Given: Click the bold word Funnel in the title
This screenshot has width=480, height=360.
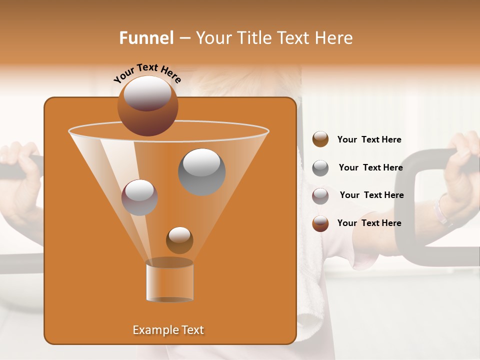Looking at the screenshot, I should (x=146, y=38).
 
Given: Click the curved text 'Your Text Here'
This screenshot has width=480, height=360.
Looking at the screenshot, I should (x=147, y=73).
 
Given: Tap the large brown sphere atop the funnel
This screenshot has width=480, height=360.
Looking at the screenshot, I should (x=147, y=105).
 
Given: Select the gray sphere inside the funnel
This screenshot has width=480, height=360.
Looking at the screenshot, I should (x=201, y=171).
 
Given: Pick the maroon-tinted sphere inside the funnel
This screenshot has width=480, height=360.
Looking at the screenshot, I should (x=139, y=197).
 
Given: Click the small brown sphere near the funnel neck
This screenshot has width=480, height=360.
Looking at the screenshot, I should (x=179, y=240).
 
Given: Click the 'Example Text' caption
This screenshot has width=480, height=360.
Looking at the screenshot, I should (x=168, y=330).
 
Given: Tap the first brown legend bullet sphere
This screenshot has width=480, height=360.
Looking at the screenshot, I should (x=320, y=139).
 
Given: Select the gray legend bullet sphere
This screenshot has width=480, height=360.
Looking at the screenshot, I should (x=320, y=168).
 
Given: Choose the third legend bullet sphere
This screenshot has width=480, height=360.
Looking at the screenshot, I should (x=320, y=195).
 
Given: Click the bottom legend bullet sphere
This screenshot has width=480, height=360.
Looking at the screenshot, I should (x=320, y=223).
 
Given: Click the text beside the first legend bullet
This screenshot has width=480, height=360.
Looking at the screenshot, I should (x=369, y=140).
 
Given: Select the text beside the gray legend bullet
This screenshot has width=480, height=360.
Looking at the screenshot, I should (x=370, y=168).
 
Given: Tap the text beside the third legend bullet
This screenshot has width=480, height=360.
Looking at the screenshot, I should (x=371, y=195).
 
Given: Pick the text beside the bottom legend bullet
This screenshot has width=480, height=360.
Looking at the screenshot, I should (x=369, y=223).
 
